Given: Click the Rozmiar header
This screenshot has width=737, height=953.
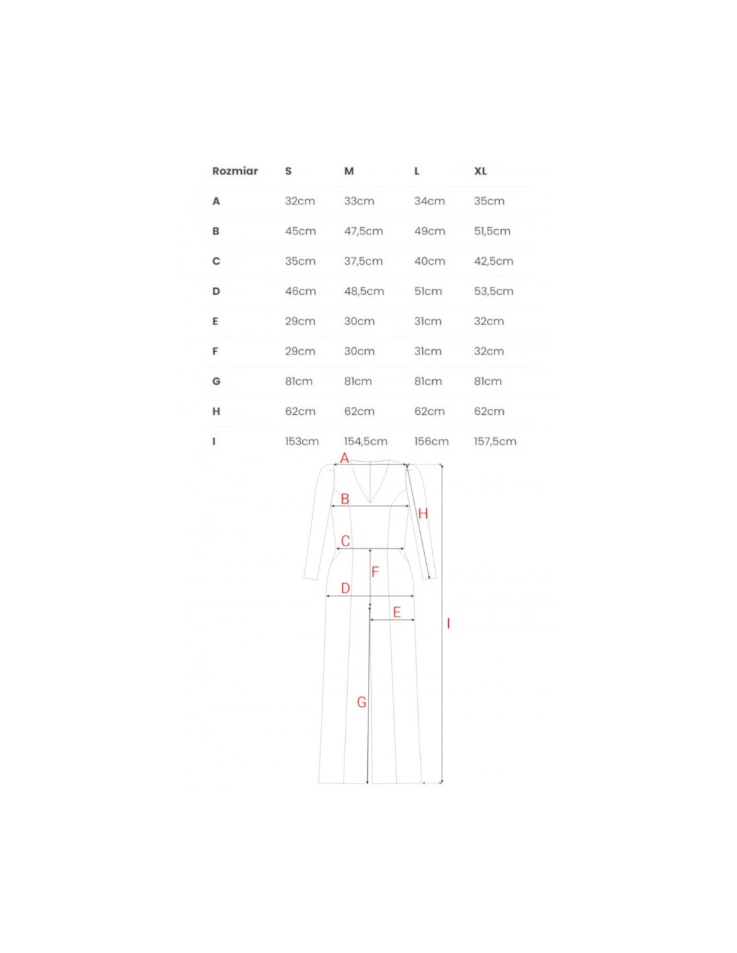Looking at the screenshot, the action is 234,171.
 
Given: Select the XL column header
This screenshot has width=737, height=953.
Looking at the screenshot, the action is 480,171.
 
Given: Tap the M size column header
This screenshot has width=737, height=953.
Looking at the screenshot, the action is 348,171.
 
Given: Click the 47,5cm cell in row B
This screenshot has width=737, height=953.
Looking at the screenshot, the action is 363,231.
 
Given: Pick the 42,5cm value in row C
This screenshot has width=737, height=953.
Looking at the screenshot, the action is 493,261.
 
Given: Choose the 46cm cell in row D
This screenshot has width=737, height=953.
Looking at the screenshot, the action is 300,292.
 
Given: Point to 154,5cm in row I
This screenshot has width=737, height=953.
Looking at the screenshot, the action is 366,441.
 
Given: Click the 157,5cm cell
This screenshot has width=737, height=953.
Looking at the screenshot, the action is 495,441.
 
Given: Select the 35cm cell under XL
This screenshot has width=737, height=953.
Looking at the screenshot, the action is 489,201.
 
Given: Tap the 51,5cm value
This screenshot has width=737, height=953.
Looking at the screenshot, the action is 492,231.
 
